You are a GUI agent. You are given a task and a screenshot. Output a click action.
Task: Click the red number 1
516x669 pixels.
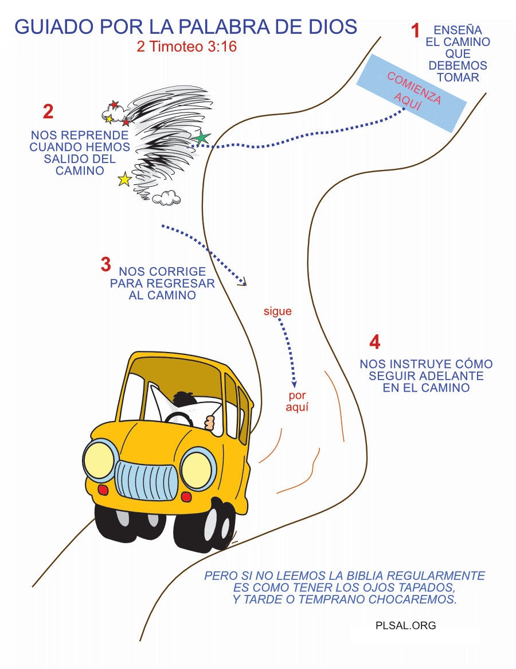416,31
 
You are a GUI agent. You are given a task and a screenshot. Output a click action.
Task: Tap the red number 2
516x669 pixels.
48,112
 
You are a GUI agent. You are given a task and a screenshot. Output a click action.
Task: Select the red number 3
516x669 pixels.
105,265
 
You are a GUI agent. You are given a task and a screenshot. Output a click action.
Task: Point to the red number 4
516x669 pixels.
375,343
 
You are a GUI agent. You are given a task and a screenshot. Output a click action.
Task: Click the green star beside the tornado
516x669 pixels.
201,138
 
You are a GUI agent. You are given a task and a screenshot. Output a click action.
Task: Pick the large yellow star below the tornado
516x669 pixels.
124,180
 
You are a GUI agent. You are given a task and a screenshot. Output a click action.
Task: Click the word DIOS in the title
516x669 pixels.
332,26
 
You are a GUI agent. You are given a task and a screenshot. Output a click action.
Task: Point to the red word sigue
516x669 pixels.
277,312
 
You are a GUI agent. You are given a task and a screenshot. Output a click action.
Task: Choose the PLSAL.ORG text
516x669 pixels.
406,625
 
